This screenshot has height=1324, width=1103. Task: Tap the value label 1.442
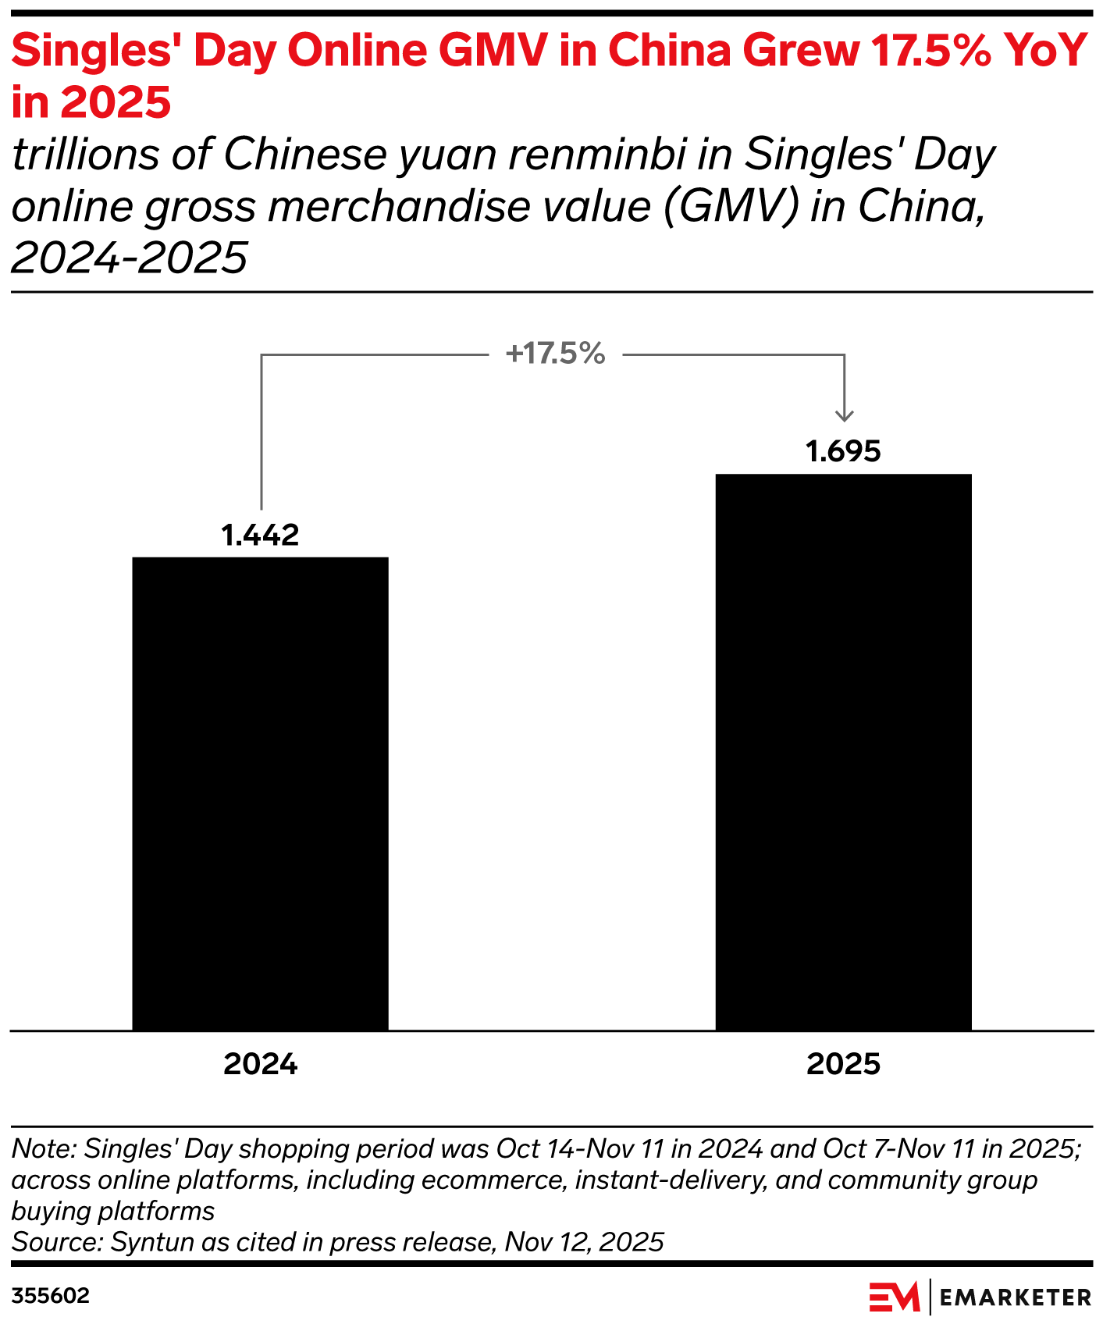point(260,536)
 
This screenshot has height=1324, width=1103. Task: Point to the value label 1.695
point(843,452)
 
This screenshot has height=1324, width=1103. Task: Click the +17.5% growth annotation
point(555,354)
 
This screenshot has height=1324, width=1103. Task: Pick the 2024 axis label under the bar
point(260,1064)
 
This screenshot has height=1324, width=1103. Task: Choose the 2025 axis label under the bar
point(843,1064)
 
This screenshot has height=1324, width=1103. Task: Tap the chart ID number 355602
point(51,1296)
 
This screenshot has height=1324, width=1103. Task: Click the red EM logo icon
point(895,1297)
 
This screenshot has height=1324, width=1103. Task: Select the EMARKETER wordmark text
point(1016,1297)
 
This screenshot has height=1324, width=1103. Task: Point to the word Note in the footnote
point(43,1148)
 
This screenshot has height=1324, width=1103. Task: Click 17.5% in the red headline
point(933,51)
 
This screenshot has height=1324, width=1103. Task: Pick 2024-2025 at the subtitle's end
point(129,258)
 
